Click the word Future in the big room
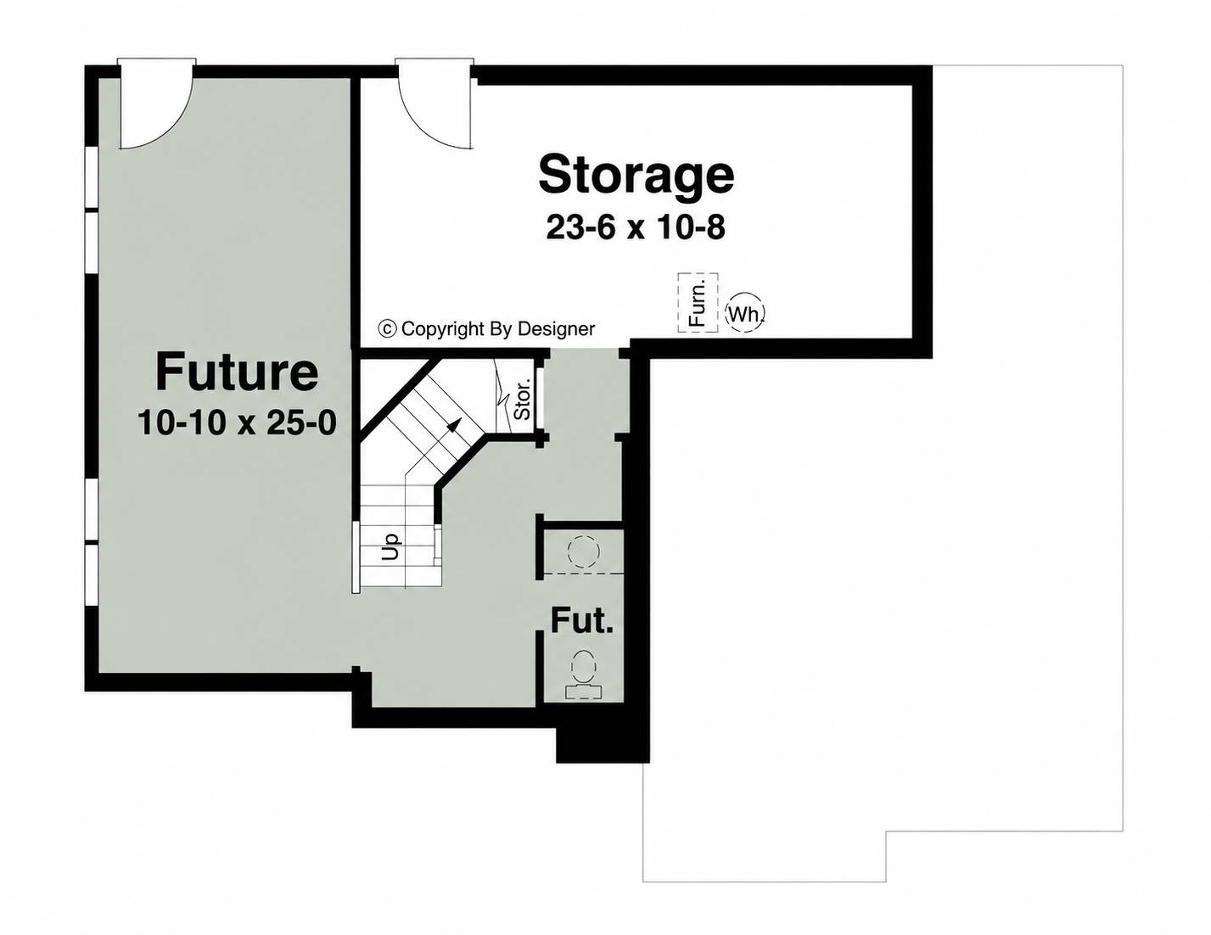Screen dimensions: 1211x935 [237, 372]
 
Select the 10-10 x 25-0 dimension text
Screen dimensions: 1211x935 [237, 423]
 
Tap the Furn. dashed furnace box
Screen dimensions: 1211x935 [698, 303]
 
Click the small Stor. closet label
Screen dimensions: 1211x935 [522, 400]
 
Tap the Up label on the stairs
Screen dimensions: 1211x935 [390, 546]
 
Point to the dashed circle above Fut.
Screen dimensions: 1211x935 [584, 551]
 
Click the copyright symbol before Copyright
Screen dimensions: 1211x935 [387, 328]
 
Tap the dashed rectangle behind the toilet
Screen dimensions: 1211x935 [584, 692]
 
